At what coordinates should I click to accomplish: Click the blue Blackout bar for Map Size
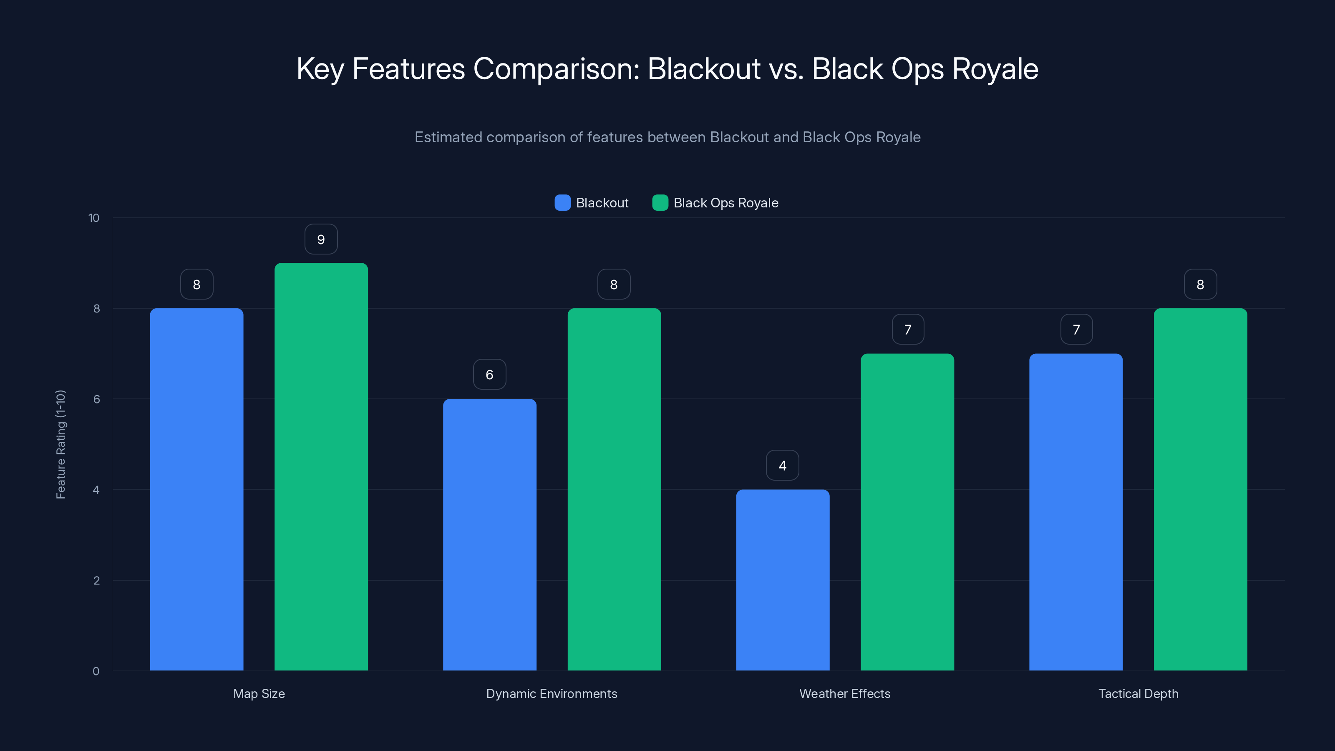pos(196,489)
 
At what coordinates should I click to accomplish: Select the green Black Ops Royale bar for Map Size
pos(321,466)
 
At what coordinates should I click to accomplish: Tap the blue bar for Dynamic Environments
pos(489,534)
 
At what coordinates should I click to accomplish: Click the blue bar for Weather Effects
pos(783,580)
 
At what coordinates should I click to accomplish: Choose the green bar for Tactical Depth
pos(1200,489)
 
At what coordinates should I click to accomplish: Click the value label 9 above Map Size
pos(321,239)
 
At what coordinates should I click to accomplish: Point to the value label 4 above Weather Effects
pos(783,466)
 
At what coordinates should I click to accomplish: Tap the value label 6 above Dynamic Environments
pos(489,375)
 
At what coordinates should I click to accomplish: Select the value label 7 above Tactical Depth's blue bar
pos(1076,330)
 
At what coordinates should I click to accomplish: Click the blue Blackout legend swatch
pos(562,203)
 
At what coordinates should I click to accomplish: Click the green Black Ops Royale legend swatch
pos(660,203)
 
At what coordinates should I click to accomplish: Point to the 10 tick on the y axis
pos(94,218)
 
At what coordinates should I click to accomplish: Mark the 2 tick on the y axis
pos(96,580)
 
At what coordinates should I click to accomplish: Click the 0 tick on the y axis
pos(96,671)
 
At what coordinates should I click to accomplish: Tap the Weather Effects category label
pos(845,693)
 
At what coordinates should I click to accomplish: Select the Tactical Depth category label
pos(1138,693)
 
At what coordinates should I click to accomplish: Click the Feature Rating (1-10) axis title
pos(60,444)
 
